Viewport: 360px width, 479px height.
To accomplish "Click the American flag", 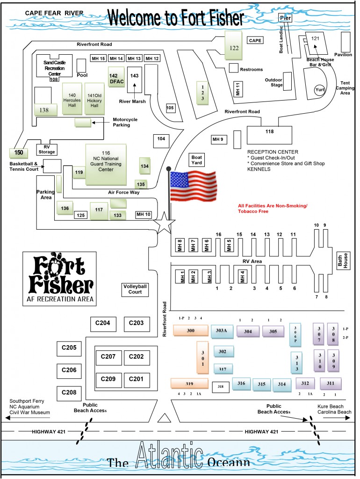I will pyautogui.click(x=193, y=186).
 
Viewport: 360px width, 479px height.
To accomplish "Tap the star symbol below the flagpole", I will pyautogui.click(x=166, y=222).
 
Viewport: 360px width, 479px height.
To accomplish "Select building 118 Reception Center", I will pyautogui.click(x=269, y=135).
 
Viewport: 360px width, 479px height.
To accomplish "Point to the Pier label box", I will pyautogui.click(x=285, y=18).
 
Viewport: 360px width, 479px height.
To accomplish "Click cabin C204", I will pyautogui.click(x=102, y=323).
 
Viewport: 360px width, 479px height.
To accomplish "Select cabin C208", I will pyautogui.click(x=69, y=392).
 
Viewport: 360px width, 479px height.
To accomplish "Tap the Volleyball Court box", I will pyautogui.click(x=135, y=289).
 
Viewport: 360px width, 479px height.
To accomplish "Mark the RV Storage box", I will pyautogui.click(x=47, y=149).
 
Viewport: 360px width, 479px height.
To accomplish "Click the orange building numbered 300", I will pyautogui.click(x=190, y=330).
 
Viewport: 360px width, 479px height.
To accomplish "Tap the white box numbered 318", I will pyautogui.click(x=221, y=386).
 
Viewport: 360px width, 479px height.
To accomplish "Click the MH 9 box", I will pyautogui.click(x=218, y=139).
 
